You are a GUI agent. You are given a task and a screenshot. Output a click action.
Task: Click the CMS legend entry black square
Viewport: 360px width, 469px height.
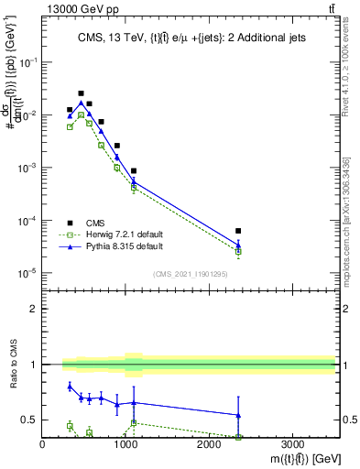[x=70, y=222]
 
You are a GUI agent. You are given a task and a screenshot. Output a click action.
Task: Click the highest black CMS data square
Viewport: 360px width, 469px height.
[x=81, y=93]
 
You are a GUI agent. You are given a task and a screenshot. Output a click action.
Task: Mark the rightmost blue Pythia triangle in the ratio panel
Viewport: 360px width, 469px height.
[x=238, y=415]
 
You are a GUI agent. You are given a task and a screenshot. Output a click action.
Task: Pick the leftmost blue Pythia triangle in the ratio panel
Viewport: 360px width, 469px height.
[x=70, y=387]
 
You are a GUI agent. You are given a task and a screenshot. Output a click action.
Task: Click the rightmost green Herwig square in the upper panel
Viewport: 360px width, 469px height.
[x=238, y=251]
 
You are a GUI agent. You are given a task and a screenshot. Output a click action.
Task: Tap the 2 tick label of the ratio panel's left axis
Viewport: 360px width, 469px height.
[x=33, y=309]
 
